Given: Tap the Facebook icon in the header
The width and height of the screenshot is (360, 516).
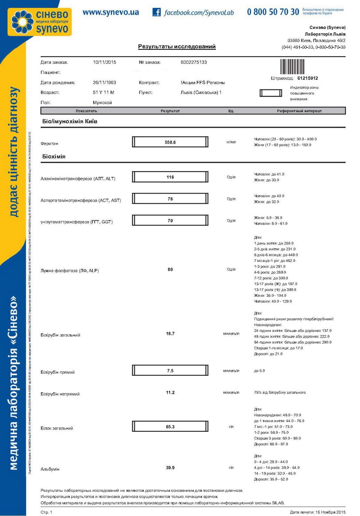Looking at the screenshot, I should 157,12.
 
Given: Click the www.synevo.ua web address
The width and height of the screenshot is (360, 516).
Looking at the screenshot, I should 111,12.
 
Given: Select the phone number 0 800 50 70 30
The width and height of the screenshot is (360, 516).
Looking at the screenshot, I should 273,12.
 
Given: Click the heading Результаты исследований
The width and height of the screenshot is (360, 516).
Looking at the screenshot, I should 177,47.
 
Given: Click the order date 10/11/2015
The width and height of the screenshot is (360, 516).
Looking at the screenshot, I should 104,62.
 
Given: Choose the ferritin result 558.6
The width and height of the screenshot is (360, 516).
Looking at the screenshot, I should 170,142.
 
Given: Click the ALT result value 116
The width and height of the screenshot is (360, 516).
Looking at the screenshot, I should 170,177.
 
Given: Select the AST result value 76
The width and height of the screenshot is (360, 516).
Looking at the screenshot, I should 170,199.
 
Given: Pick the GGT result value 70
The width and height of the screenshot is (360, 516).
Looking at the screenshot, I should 170,221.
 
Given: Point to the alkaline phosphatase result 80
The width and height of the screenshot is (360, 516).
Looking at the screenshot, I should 170,269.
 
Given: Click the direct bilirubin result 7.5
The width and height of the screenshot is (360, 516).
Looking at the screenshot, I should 170,371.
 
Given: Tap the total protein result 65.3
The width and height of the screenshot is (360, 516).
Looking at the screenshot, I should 170,427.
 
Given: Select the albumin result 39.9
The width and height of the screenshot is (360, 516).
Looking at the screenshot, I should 170,468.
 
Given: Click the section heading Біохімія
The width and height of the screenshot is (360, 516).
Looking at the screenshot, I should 53,157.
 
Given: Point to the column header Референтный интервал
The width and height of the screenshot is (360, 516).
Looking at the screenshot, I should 299,111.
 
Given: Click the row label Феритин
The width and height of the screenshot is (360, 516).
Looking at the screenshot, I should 49,143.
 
